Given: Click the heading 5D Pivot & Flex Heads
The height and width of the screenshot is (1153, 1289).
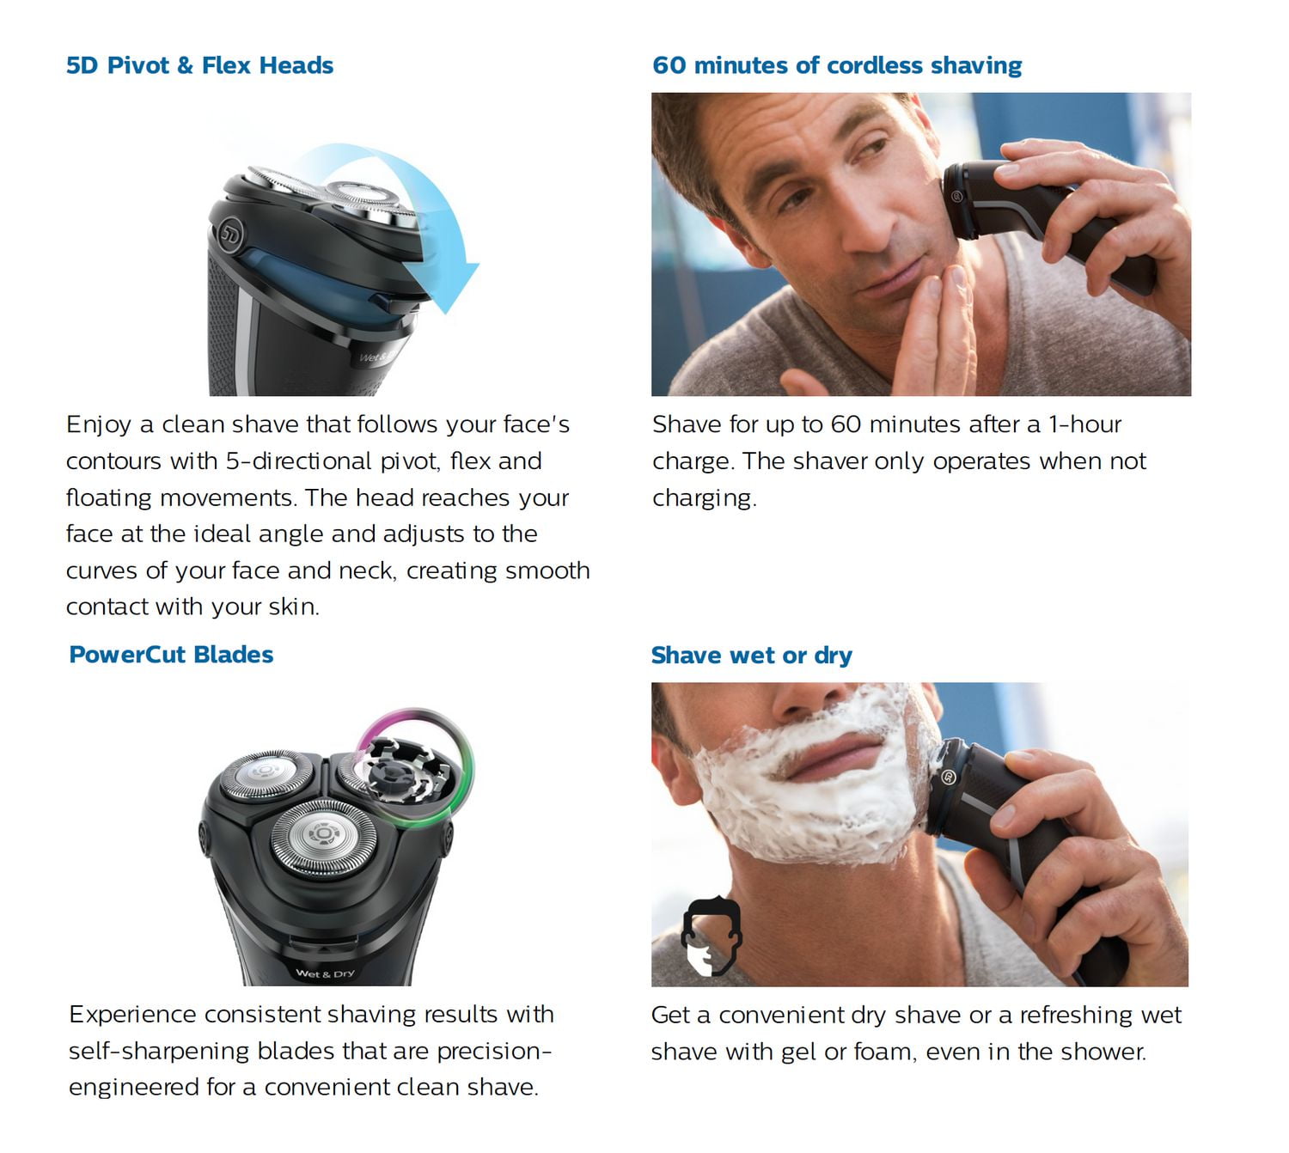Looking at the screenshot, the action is click(199, 65).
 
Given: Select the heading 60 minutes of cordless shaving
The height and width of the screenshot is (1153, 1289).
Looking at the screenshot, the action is click(837, 65).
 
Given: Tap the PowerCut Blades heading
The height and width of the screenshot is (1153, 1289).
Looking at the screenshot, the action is click(171, 655).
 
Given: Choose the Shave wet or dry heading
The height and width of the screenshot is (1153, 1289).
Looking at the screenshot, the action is click(751, 656).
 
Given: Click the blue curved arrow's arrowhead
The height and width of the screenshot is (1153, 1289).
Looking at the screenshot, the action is click(443, 286).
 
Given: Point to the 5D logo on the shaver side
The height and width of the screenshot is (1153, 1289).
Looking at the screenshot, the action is click(230, 233).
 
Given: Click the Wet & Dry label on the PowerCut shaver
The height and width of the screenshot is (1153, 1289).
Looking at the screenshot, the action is click(325, 973).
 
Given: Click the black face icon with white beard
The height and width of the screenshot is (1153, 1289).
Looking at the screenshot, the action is click(712, 936).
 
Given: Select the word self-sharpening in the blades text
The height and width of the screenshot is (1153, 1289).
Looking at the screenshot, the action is click(158, 1052).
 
